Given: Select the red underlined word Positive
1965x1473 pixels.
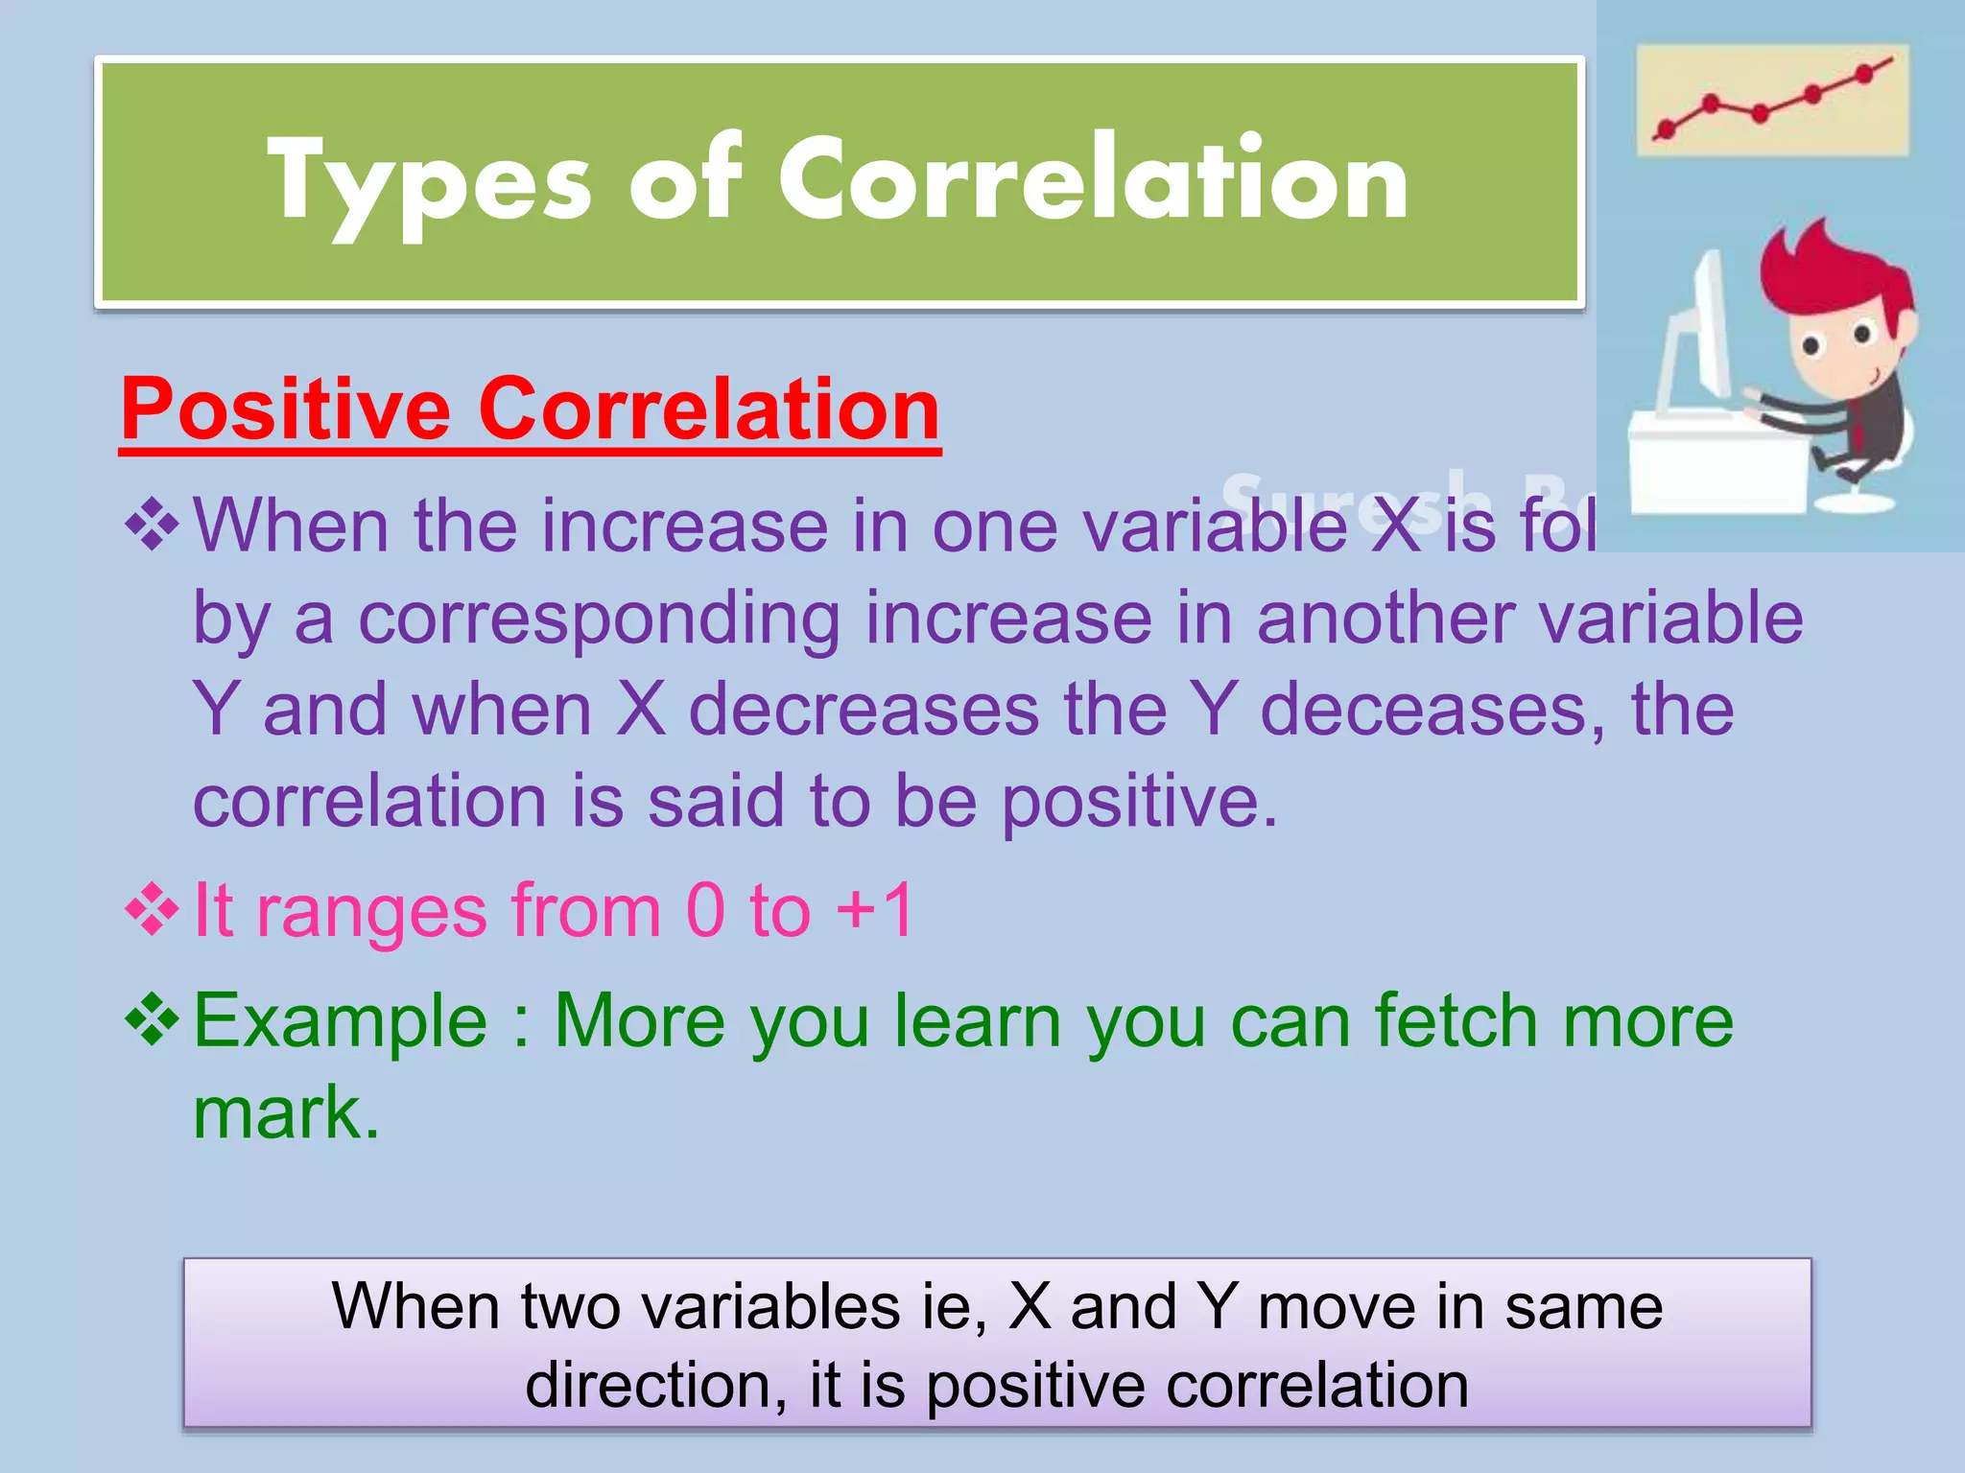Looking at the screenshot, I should (x=286, y=409).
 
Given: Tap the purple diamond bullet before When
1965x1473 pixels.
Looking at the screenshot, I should (x=153, y=526).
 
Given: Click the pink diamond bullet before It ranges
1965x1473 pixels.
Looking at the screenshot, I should (x=153, y=909).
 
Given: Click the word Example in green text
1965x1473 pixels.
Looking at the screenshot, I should (x=341, y=1020).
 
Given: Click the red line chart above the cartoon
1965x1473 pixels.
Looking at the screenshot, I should (x=1771, y=100).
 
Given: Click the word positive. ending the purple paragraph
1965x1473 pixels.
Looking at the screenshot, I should (x=1140, y=802).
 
